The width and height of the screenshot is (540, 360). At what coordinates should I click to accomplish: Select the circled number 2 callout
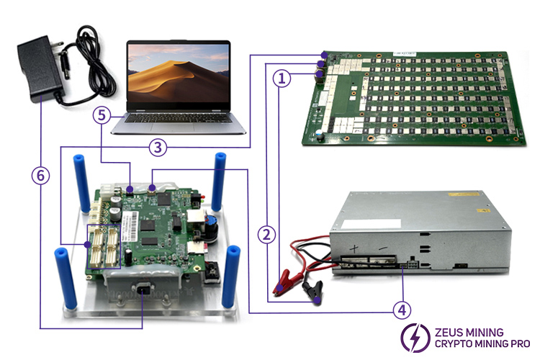[267, 233]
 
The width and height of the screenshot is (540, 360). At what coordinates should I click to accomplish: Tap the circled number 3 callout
[158, 148]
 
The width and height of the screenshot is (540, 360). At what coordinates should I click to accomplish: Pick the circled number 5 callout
[102, 114]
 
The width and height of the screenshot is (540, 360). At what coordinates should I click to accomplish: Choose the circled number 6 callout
[40, 174]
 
